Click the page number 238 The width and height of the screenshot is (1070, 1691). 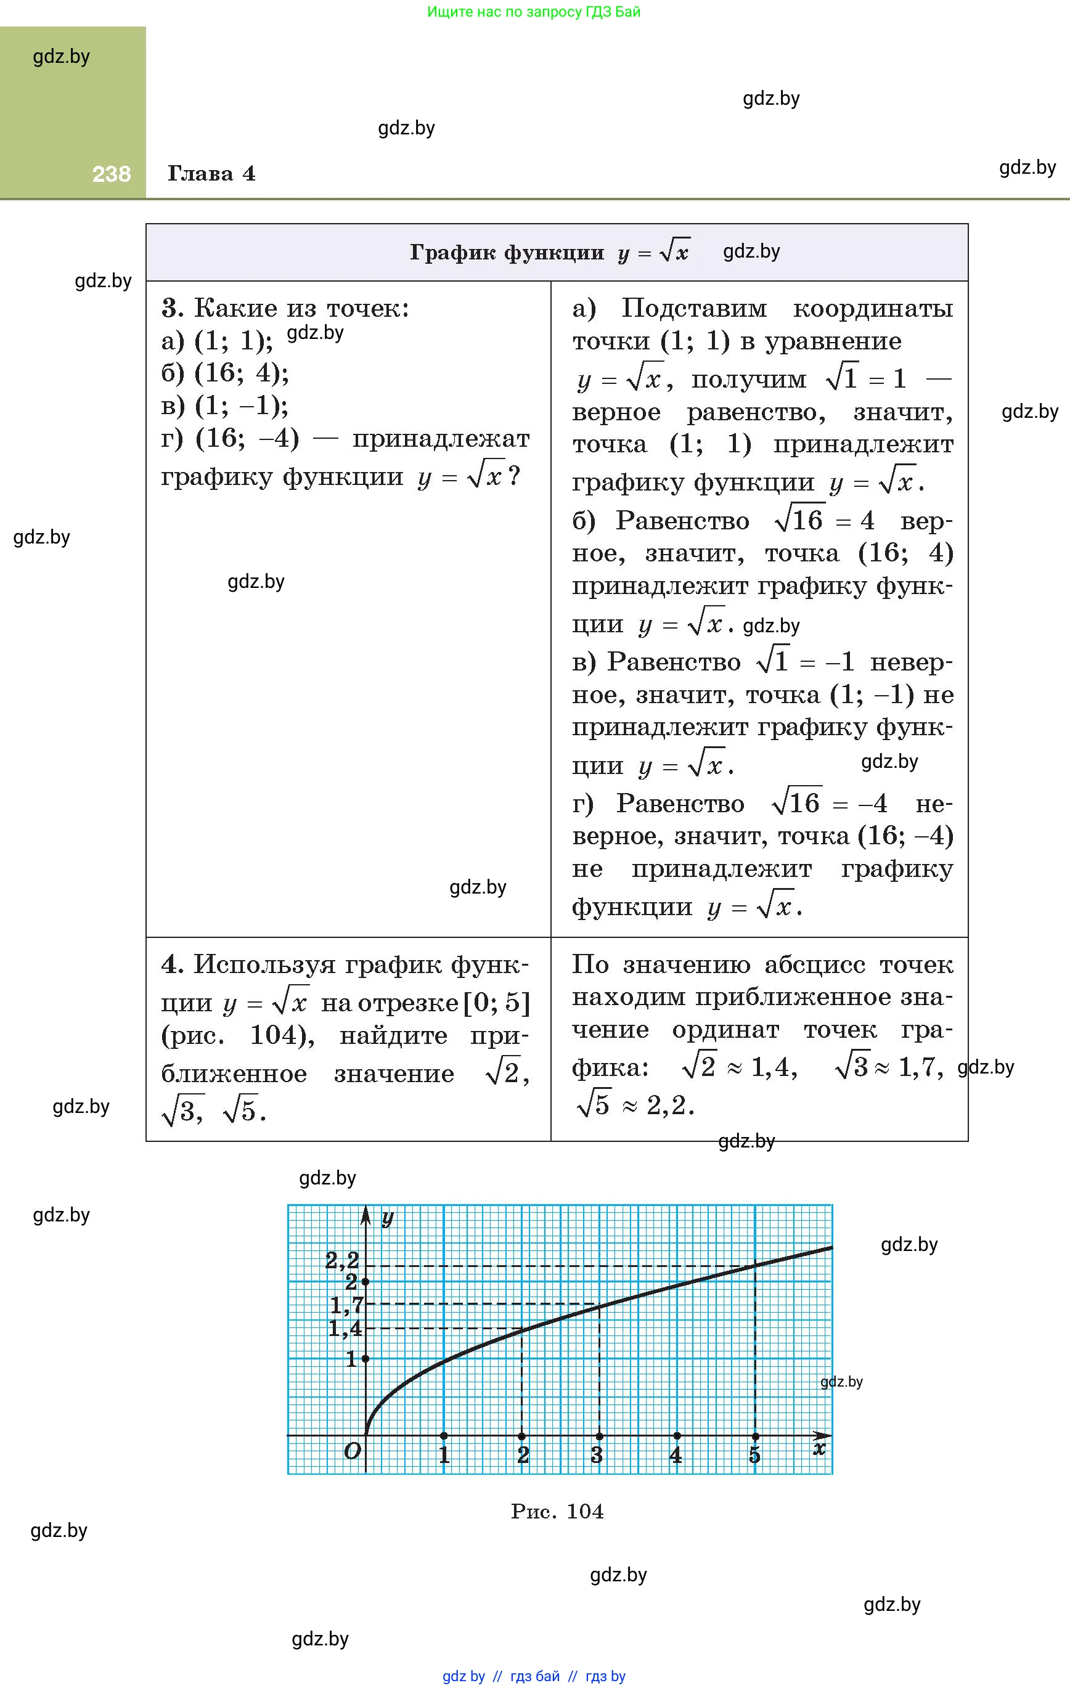(111, 174)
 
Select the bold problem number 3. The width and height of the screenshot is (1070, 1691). (172, 308)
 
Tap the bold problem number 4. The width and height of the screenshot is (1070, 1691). (171, 964)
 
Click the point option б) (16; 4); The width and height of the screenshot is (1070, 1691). (225, 373)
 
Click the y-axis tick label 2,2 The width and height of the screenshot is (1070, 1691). (342, 1260)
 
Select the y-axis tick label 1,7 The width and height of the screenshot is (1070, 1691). (346, 1305)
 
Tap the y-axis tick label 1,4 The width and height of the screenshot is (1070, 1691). (345, 1328)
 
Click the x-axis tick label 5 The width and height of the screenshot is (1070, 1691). (754, 1455)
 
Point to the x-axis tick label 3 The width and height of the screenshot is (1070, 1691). (597, 1455)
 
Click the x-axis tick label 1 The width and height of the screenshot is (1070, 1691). (444, 1455)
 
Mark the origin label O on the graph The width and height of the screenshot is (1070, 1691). (352, 1451)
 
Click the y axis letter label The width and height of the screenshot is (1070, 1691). (387, 1217)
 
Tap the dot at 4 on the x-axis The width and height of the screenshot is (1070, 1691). (677, 1435)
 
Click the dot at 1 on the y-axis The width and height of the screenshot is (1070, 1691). (366, 1359)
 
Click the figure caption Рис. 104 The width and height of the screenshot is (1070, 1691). (557, 1511)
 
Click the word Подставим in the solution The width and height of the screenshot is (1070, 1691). (693, 308)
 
